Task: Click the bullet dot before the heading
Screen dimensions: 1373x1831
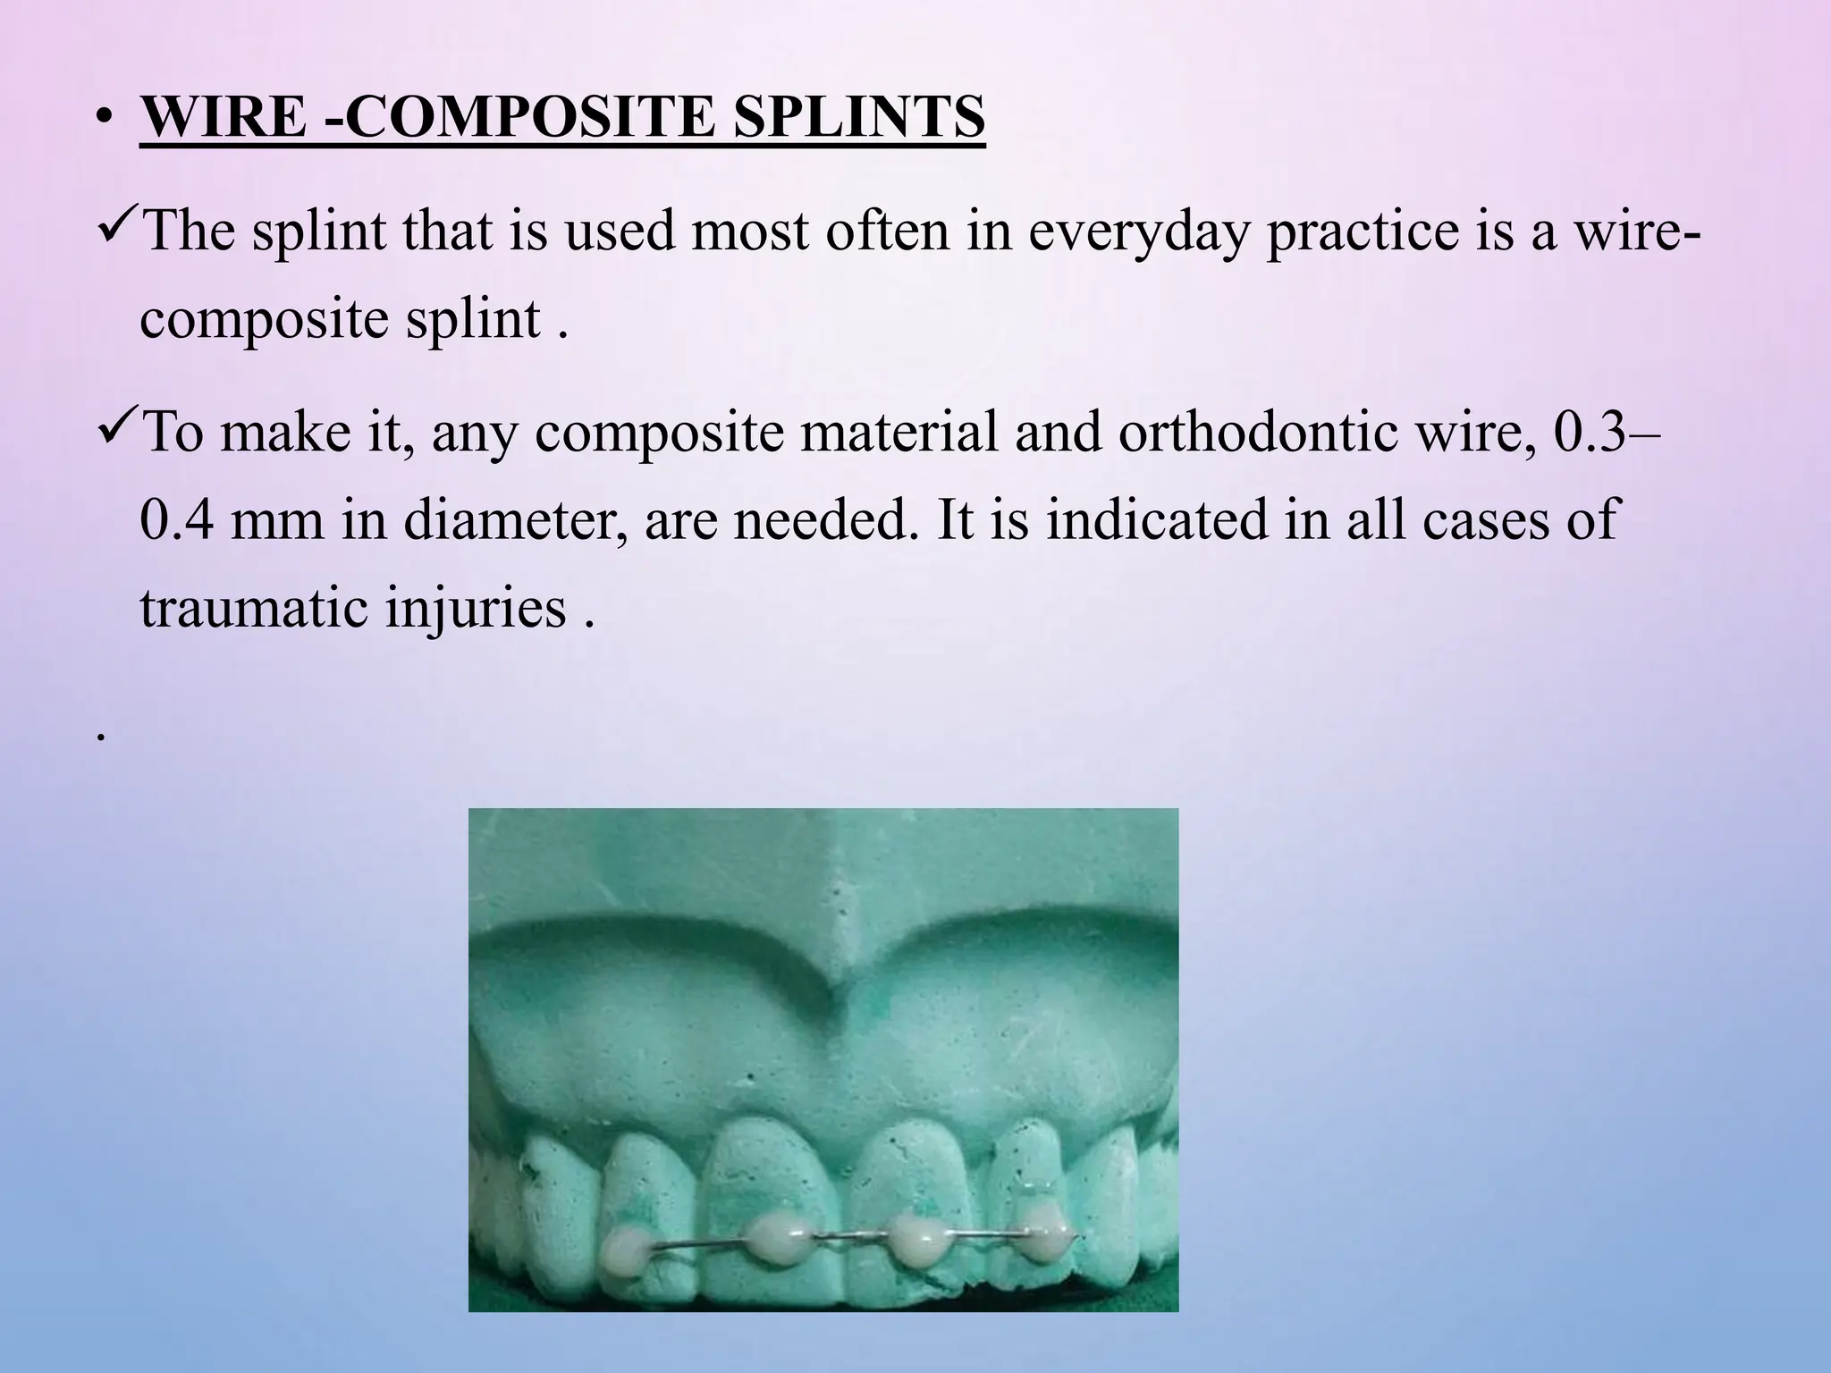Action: coord(105,120)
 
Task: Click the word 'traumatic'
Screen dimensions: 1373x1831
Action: coord(254,608)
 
